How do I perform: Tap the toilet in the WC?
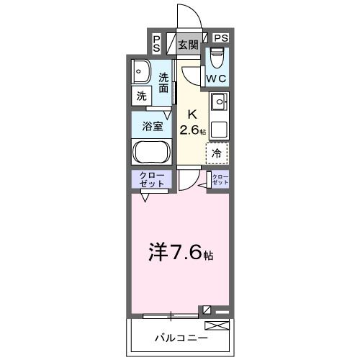coord(217,57)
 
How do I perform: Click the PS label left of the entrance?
coord(157,43)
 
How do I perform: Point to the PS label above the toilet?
coord(220,38)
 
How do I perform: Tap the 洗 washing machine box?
coord(141,96)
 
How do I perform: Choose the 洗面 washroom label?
coord(164,83)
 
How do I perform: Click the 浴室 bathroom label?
coord(151,125)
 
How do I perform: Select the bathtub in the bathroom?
coord(151,153)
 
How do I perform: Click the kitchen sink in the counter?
coord(218,102)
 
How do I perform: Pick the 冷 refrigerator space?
coord(217,153)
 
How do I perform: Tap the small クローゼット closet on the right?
coord(220,180)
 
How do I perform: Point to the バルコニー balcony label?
coord(181,338)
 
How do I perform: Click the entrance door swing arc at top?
coord(189,14)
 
